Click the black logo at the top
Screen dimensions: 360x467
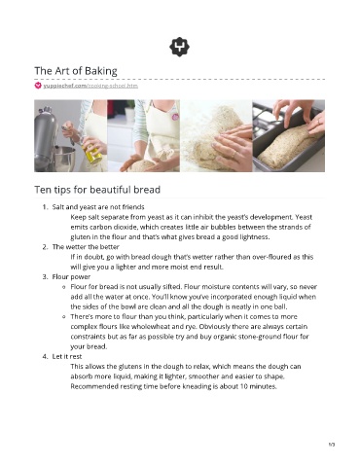(x=179, y=47)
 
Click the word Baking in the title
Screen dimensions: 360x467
(x=101, y=71)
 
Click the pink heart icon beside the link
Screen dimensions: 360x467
(x=38, y=86)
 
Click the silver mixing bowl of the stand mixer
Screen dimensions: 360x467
(x=64, y=159)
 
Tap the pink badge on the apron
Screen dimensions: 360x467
(x=175, y=117)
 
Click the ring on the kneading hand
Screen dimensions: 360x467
(x=234, y=155)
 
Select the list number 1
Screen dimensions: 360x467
(x=45, y=207)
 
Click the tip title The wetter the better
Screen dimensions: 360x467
(x=86, y=247)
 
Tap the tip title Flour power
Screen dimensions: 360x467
(x=71, y=276)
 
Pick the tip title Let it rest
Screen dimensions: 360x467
(x=67, y=356)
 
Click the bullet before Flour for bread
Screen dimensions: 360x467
(x=64, y=287)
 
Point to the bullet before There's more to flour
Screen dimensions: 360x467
(x=64, y=316)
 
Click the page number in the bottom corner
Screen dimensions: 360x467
(x=332, y=445)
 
